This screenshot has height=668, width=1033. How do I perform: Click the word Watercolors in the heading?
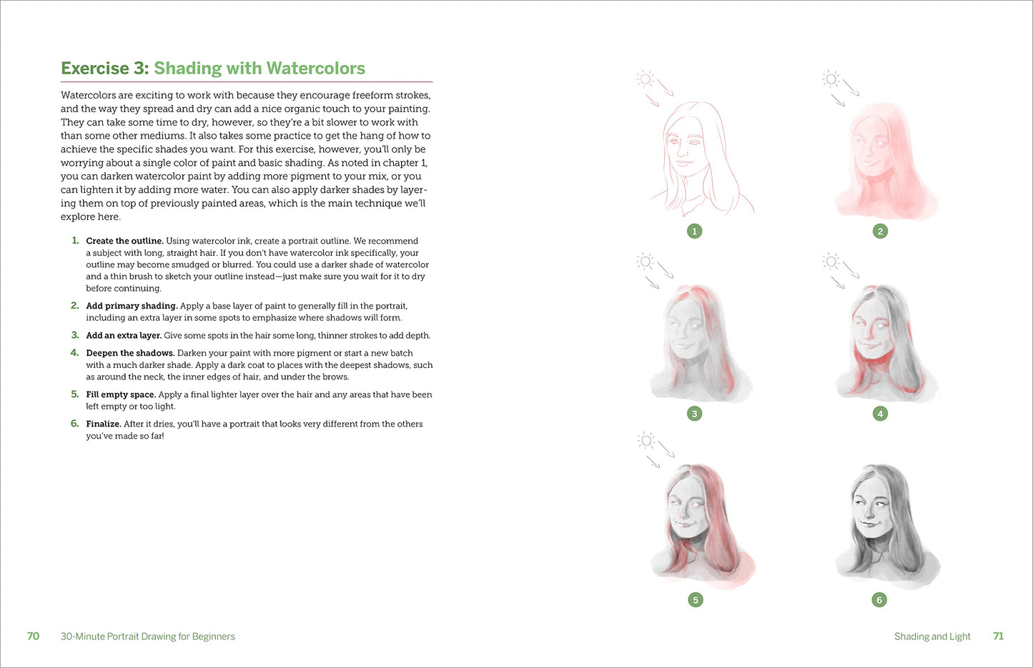(315, 69)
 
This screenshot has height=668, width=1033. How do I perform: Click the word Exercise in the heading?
(95, 69)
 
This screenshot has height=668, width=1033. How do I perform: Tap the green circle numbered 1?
(695, 231)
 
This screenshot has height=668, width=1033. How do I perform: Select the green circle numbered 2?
(880, 231)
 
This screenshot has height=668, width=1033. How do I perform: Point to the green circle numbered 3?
(695, 414)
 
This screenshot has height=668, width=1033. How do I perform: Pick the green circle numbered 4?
(880, 414)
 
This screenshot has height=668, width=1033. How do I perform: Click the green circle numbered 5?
(696, 599)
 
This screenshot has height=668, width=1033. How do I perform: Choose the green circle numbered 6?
(879, 599)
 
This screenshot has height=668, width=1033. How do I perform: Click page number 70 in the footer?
(33, 636)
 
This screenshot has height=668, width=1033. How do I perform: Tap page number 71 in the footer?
(998, 636)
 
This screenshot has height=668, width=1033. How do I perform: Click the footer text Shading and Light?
(932, 637)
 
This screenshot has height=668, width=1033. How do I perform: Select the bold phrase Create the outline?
(124, 241)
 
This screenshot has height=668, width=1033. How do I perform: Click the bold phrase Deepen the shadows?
(130, 353)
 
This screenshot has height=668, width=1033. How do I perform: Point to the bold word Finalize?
(103, 424)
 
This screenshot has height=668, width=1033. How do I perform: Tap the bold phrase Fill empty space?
(121, 394)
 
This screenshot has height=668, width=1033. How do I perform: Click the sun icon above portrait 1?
(645, 79)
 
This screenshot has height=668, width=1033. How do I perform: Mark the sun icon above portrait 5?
(646, 441)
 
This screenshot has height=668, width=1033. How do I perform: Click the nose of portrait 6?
(869, 512)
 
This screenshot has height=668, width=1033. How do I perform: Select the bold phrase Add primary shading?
(132, 306)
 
